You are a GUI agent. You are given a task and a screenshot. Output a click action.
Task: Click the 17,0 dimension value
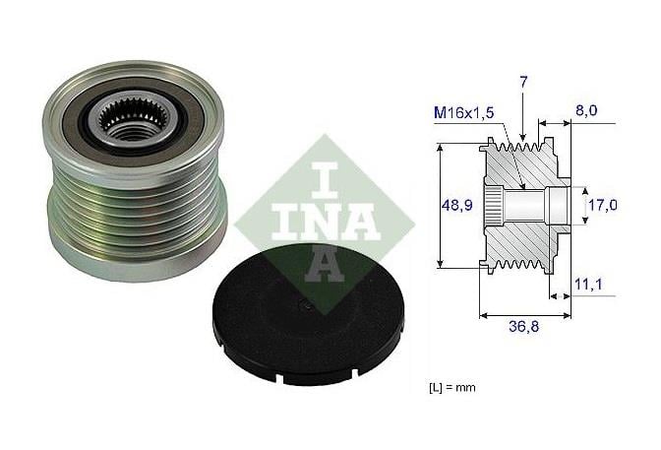pyautogui.click(x=602, y=206)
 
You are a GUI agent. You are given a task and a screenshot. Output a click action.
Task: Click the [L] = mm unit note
pyautogui.click(x=451, y=387)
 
